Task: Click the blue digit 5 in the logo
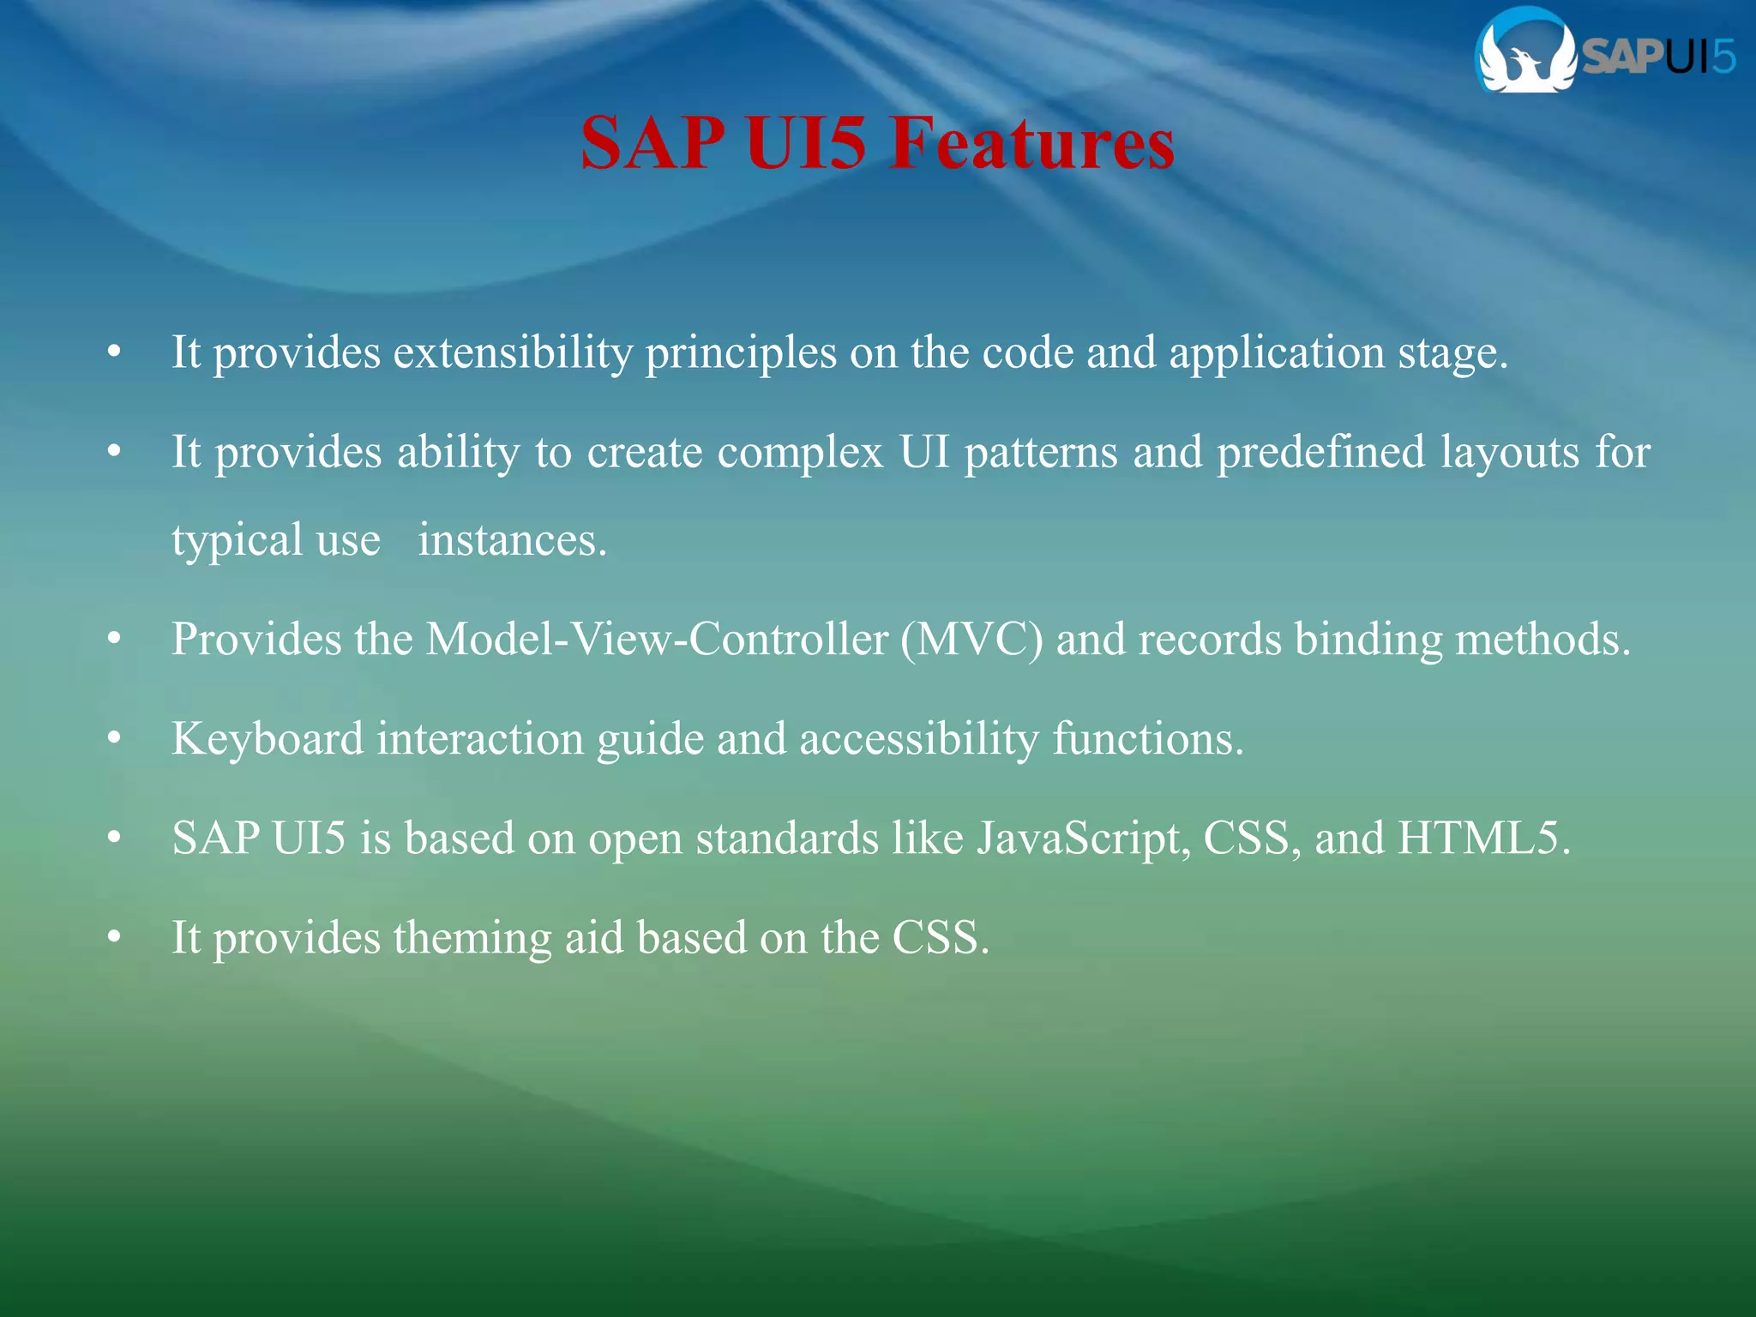1722,57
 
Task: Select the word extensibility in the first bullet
512,352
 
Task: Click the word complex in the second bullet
800,453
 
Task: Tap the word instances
512,541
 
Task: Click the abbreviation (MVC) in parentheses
971,640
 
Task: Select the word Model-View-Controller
658,640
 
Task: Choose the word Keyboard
268,738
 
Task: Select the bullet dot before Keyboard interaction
114,739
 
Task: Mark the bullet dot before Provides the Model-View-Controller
114,640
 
